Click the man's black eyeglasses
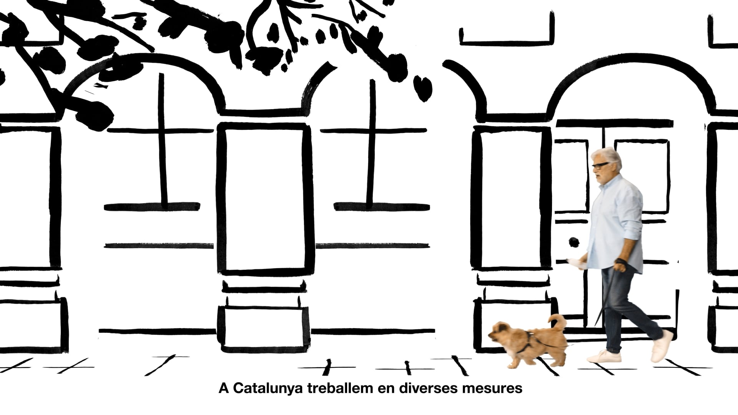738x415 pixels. click(x=600, y=165)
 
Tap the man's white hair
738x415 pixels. click(x=608, y=157)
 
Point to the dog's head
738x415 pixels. click(x=500, y=334)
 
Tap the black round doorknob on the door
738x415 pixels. click(x=574, y=242)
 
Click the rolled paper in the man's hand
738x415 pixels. click(x=577, y=264)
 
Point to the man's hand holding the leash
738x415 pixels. click(x=620, y=265)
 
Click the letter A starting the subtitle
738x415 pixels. click(x=224, y=388)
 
